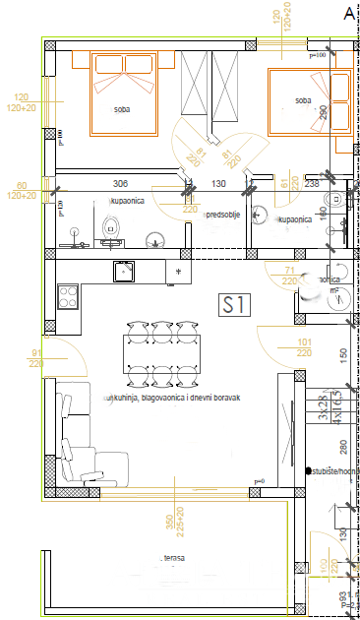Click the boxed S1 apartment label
click(234, 305)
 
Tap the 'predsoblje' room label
click(224, 214)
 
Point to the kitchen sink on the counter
click(124, 270)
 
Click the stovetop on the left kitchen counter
click(68, 293)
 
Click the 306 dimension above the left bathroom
click(121, 184)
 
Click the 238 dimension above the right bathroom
click(311, 184)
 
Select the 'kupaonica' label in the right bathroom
click(295, 220)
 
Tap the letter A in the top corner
click(348, 13)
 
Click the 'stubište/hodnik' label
click(332, 471)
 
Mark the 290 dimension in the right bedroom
click(323, 112)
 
